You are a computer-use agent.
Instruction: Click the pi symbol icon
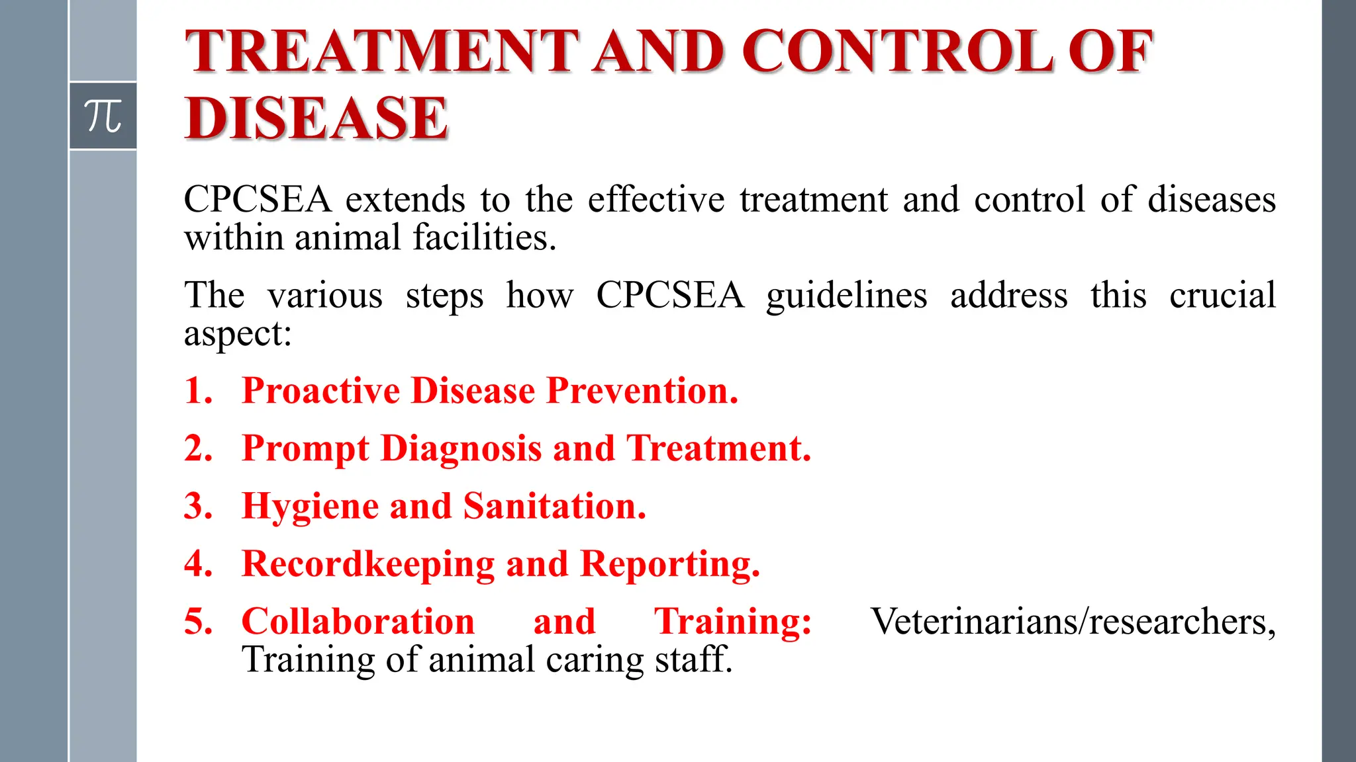[103, 116]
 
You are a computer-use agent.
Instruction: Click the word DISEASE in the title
[316, 118]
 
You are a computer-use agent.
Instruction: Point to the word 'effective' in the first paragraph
[656, 200]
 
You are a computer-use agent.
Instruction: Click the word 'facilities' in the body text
[483, 237]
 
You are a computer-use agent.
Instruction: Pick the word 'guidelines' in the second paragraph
[846, 296]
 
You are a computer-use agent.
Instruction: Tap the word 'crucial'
[1222, 295]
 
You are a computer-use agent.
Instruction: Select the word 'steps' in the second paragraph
[444, 296]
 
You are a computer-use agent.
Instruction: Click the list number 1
[198, 390]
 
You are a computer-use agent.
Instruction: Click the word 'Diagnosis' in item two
[461, 448]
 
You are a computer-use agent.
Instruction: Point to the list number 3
[198, 506]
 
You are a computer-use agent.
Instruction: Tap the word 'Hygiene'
[310, 507]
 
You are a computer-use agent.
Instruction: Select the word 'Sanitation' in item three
[554, 506]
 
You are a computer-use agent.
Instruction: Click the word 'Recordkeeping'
[368, 564]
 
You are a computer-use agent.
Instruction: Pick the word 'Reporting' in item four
[669, 564]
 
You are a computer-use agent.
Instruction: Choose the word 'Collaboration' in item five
[358, 622]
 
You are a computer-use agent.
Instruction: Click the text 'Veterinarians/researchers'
[1073, 622]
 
